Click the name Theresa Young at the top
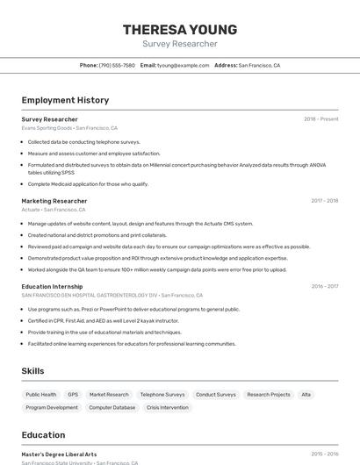click(x=179, y=30)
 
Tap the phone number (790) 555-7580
click(x=117, y=65)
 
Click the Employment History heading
click(x=65, y=100)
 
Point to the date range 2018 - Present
click(x=321, y=118)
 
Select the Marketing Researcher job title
click(x=54, y=201)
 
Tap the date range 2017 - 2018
click(x=325, y=201)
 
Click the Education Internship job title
click(x=52, y=286)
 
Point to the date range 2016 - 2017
click(x=325, y=286)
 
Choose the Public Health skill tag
click(x=41, y=395)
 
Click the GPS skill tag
click(x=73, y=395)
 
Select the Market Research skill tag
click(x=109, y=395)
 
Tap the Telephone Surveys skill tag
click(x=162, y=395)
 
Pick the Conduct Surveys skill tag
click(x=215, y=395)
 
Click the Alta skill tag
click(x=306, y=395)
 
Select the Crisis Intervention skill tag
click(x=168, y=408)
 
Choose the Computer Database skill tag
click(x=112, y=408)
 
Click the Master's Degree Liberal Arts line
click(x=59, y=454)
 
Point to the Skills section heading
click(x=32, y=371)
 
